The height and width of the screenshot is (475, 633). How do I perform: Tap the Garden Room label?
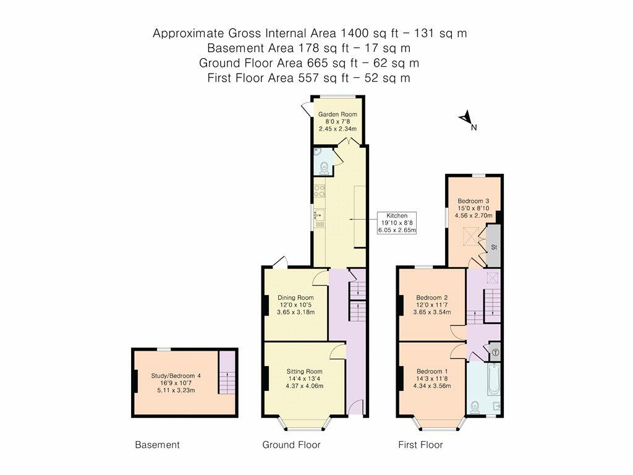pos(338,114)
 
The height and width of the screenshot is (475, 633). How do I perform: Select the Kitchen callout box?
pos(397,223)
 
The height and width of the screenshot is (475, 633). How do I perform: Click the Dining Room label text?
pos(295,297)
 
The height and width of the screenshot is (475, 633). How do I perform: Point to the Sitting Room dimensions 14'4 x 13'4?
pos(304,379)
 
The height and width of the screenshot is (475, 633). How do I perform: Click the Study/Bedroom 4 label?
pos(176,375)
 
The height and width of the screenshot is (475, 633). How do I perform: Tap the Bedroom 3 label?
pos(473,201)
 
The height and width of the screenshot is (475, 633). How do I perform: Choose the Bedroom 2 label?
pos(432,297)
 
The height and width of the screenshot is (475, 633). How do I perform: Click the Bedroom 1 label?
pos(432,371)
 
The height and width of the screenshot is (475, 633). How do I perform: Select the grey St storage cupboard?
pos(494,246)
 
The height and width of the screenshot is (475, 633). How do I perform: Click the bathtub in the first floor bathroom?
pos(494,379)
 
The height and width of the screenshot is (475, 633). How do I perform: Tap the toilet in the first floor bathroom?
pos(475,408)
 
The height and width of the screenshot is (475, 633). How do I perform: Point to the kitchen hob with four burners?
pos(320,191)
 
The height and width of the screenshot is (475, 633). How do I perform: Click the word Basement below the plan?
pos(157,445)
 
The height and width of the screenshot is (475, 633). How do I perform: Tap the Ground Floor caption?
pos(291,445)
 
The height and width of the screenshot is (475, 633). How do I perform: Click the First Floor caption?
pos(420,445)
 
